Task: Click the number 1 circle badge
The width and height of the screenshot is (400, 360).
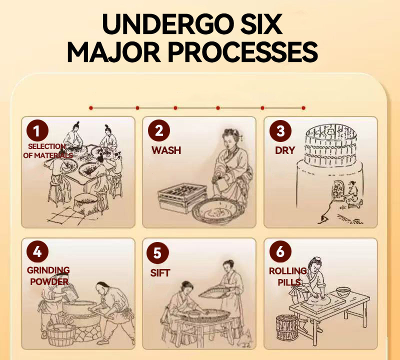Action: pyautogui.click(x=37, y=130)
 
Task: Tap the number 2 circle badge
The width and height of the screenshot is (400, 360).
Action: pyautogui.click(x=159, y=130)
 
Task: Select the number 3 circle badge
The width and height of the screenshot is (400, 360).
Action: pyautogui.click(x=280, y=131)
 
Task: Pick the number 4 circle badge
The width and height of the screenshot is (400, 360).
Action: pyautogui.click(x=37, y=252)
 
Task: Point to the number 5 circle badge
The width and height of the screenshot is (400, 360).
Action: pyautogui.click(x=157, y=253)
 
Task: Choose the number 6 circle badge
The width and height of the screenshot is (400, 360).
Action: pyautogui.click(x=280, y=252)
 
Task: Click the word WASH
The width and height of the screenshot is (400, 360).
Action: pyautogui.click(x=166, y=150)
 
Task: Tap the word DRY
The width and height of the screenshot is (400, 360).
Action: pyautogui.click(x=285, y=150)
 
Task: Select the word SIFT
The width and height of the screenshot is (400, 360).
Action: pyautogui.click(x=160, y=273)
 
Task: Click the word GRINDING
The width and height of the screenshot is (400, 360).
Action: pyautogui.click(x=48, y=270)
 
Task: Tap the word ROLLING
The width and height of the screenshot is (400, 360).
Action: pyautogui.click(x=288, y=271)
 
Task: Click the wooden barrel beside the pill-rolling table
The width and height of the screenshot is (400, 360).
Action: pyautogui.click(x=287, y=328)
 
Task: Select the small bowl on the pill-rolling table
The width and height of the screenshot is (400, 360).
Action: pyautogui.click(x=343, y=292)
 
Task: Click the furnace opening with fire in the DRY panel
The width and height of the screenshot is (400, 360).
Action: pyautogui.click(x=337, y=190)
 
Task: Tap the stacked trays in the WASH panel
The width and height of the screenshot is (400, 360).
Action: pyautogui.click(x=182, y=197)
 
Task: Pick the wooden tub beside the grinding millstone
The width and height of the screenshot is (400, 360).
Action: pyautogui.click(x=60, y=334)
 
